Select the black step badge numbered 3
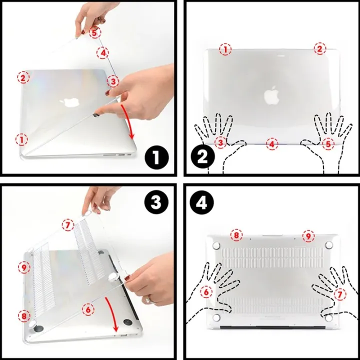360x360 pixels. tap(156, 202)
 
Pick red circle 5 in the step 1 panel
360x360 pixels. tap(95, 32)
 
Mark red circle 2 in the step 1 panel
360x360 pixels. tap(23, 77)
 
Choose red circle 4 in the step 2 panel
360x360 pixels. tap(271, 144)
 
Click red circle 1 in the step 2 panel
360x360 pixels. tap(225, 49)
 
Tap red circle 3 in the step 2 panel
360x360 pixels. tap(220, 143)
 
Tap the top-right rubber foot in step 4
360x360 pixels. tap(329, 245)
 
